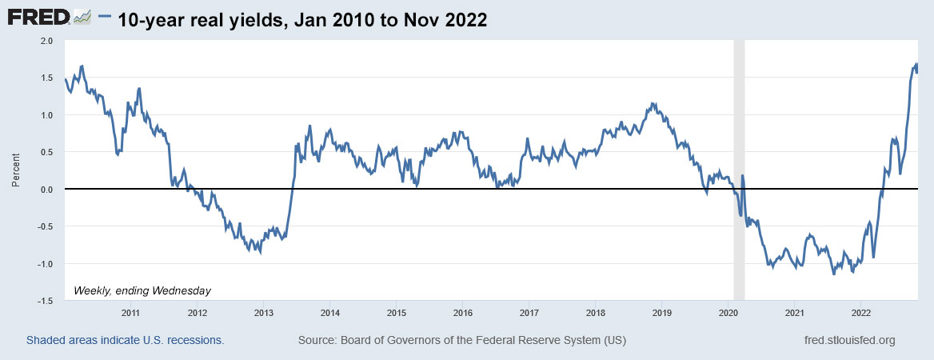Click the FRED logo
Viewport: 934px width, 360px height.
(48, 17)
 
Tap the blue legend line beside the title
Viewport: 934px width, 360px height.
(106, 18)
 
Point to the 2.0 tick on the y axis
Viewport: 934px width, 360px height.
(46, 40)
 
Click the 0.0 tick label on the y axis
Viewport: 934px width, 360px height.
(46, 189)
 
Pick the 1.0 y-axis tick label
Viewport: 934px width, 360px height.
(46, 115)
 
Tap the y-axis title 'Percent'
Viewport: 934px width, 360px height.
(15, 170)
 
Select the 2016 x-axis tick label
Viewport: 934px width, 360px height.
(462, 313)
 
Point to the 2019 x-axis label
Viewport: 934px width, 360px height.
(661, 313)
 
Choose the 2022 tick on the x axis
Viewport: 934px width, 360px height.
(860, 313)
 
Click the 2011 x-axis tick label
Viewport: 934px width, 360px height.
(131, 313)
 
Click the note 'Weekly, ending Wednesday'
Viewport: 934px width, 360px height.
(142, 290)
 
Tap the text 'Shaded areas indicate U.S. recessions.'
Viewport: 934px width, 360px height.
(125, 340)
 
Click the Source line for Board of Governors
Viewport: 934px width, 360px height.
(462, 340)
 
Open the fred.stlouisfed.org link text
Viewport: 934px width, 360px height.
(848, 340)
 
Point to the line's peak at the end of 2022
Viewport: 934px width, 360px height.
(916, 64)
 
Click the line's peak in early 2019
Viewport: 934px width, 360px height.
(653, 103)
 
